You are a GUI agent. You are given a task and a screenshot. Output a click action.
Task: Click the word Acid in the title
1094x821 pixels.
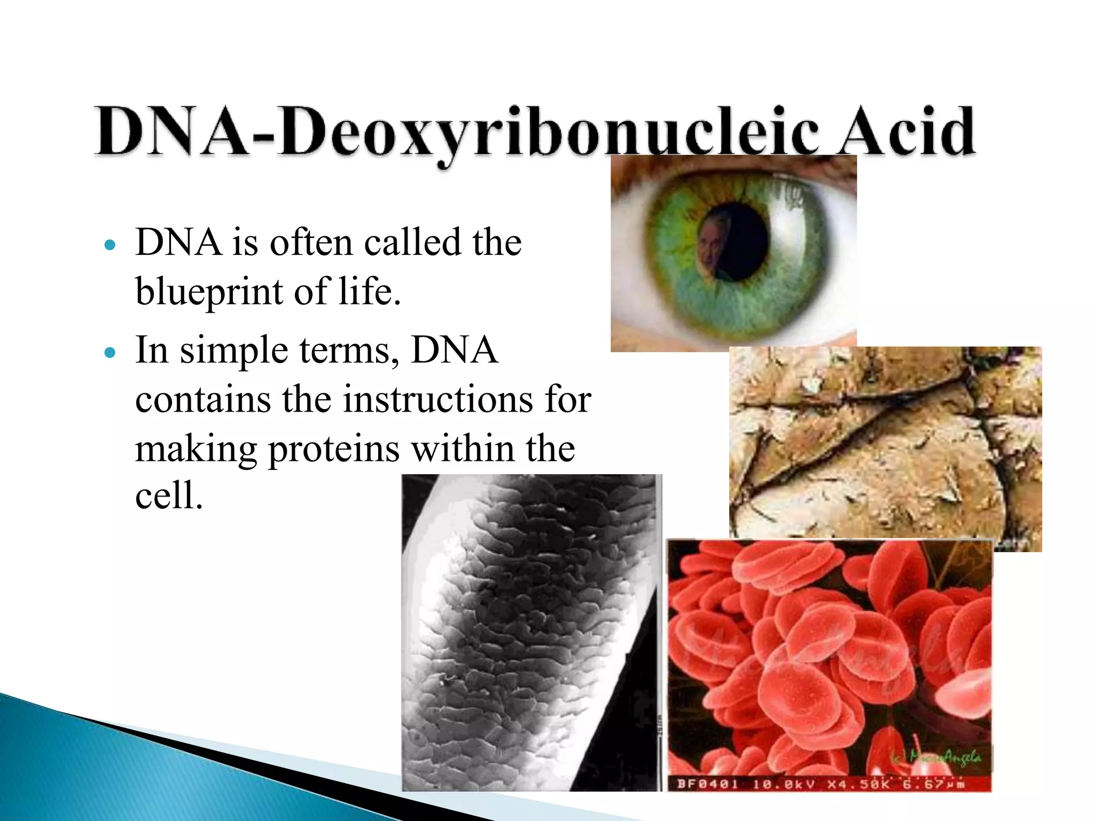905,131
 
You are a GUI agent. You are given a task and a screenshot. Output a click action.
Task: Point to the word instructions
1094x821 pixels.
437,399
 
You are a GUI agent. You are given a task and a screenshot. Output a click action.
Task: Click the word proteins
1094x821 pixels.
333,449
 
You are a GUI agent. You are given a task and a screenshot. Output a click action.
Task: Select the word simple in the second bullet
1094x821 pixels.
234,352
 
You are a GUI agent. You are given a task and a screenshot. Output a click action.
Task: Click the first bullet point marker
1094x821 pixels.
110,245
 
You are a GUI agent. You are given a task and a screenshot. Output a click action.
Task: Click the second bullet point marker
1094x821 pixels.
110,353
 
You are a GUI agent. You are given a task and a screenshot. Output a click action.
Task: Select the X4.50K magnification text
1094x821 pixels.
857,784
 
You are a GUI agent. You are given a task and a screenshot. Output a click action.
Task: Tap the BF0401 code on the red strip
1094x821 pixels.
707,784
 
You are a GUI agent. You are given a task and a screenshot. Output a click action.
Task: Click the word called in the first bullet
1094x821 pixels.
410,243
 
